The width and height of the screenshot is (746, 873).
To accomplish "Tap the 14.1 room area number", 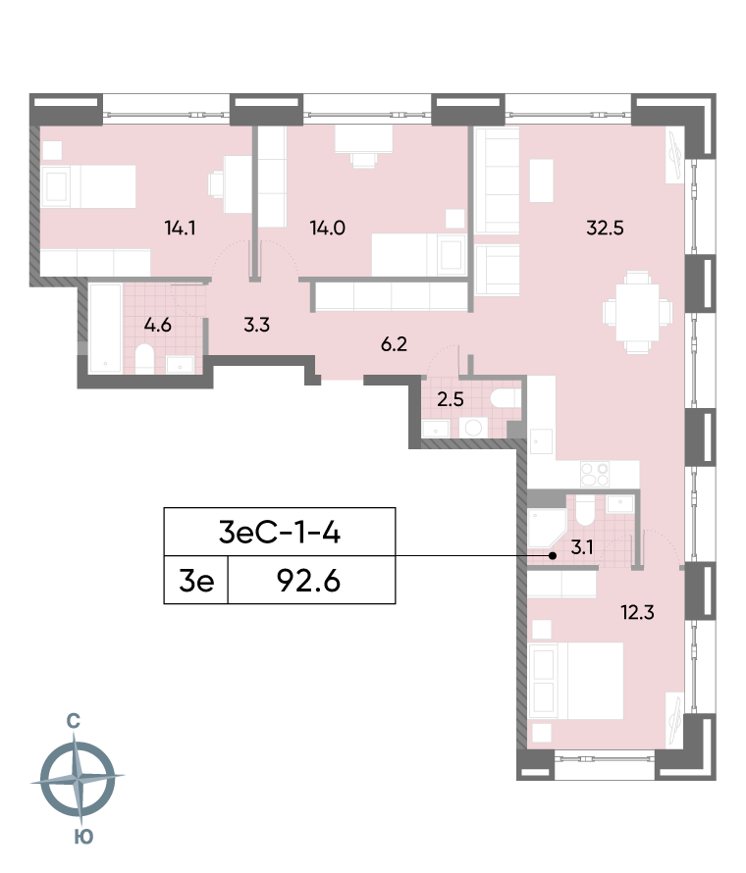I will pos(181,229).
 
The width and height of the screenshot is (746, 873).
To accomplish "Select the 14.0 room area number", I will pos(327,229).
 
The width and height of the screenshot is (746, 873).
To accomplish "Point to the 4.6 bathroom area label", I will pos(157,325).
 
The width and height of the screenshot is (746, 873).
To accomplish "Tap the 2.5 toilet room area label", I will pos(450,399).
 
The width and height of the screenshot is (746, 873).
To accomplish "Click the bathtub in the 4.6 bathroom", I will pos(106,328).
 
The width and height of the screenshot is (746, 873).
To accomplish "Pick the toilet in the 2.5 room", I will pos(505,399).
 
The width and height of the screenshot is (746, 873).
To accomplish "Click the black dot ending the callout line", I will pos(553,556).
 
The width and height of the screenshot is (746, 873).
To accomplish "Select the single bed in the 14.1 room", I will pos(89,186).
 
